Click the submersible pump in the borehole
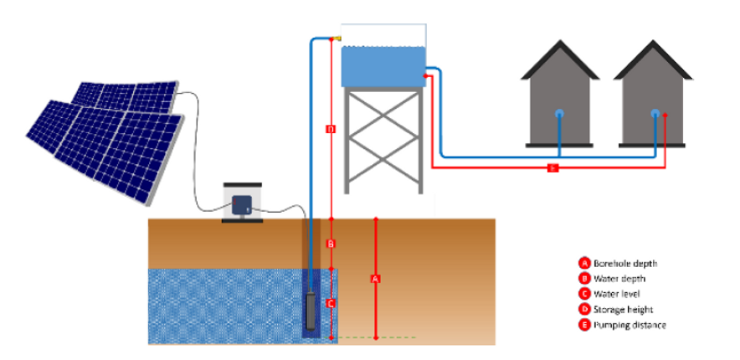pyautogui.click(x=312, y=310)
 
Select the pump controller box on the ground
pyautogui.click(x=242, y=203)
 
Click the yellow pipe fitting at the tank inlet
pyautogui.click(x=337, y=38)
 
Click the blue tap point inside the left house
pyautogui.click(x=559, y=113)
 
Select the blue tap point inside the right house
pyautogui.click(x=657, y=113)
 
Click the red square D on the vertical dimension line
pyautogui.click(x=331, y=129)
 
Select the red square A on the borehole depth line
pyautogui.click(x=376, y=277)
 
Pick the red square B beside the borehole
pyautogui.click(x=331, y=244)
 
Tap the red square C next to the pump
pyautogui.click(x=331, y=303)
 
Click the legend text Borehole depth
pyautogui.click(x=624, y=263)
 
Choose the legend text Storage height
pyautogui.click(x=624, y=309)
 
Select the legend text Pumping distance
pyautogui.click(x=630, y=325)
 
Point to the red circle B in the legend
pyautogui.click(x=583, y=278)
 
